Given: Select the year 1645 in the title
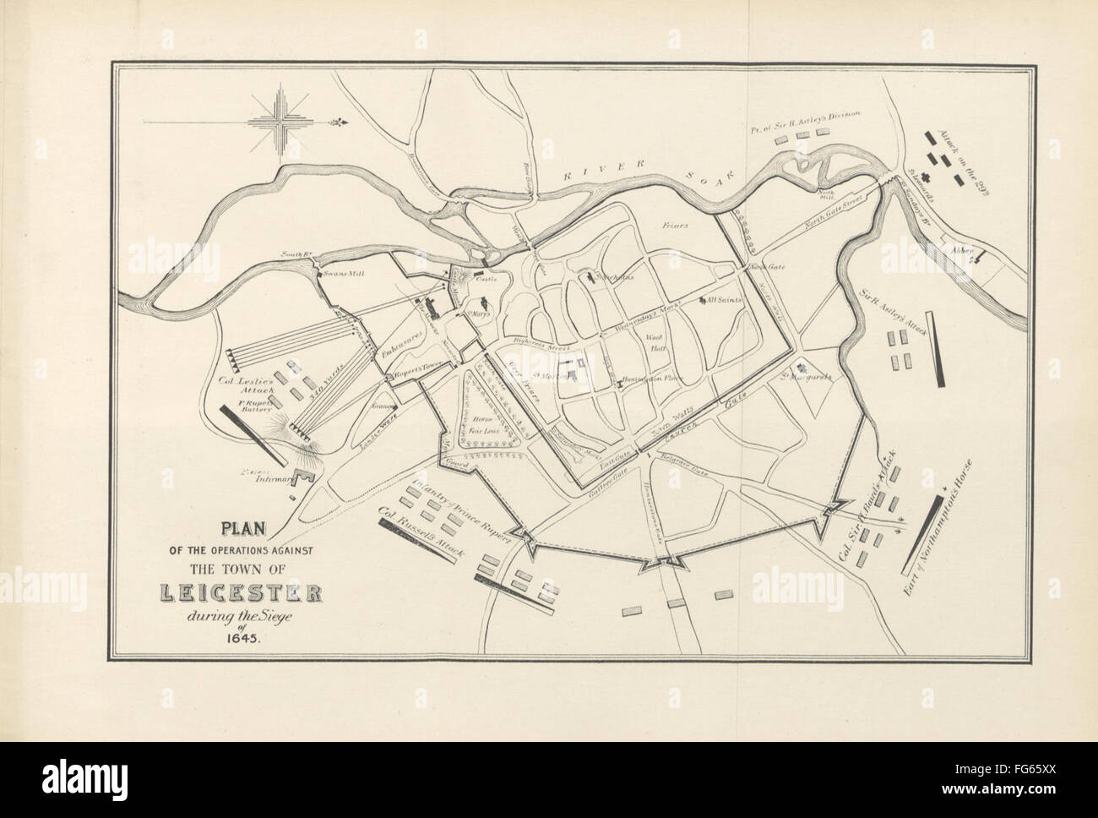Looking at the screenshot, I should pos(244,639).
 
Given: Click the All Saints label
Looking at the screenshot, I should pos(721,301).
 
